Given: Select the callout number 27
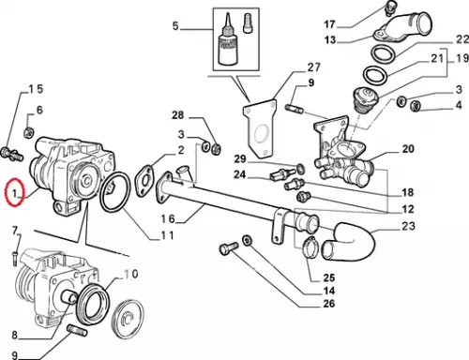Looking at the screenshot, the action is [x=313, y=67].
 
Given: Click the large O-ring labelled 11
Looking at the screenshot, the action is [x=114, y=192].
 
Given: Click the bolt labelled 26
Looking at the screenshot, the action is [x=228, y=248].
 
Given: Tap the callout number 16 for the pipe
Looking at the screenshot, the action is [x=168, y=218].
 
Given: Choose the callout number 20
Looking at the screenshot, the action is [x=408, y=149].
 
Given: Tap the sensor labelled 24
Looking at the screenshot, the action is [x=282, y=175].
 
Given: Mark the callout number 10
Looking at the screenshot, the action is [x=131, y=274].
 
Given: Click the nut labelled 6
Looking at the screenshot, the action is [x=29, y=132].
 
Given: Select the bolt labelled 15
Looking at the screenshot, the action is [x=12, y=154].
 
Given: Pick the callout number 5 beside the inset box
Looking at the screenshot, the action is [x=175, y=25].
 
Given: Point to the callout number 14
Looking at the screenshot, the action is [x=328, y=291].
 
